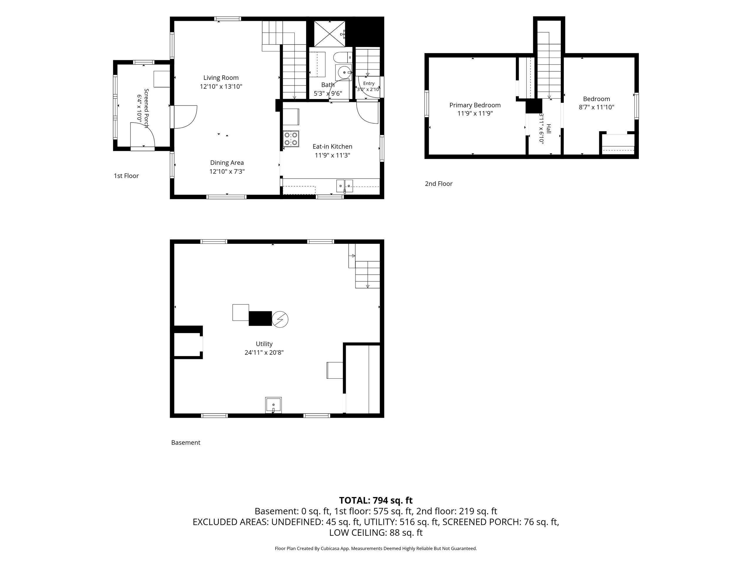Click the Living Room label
point(221,78)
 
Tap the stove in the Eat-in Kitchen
point(291,139)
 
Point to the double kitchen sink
point(345,186)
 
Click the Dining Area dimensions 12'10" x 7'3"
point(227,171)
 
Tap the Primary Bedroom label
point(475,105)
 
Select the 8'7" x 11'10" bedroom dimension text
point(597,107)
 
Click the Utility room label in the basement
point(264,344)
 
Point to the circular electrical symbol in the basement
point(280,319)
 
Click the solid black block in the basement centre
point(261,318)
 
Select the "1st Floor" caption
point(127,176)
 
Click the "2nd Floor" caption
point(439,184)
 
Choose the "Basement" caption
point(186,443)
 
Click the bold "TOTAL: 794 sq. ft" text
point(376,501)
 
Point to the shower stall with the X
point(329,34)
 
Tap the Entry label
point(369,83)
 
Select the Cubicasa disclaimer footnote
point(376,548)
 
